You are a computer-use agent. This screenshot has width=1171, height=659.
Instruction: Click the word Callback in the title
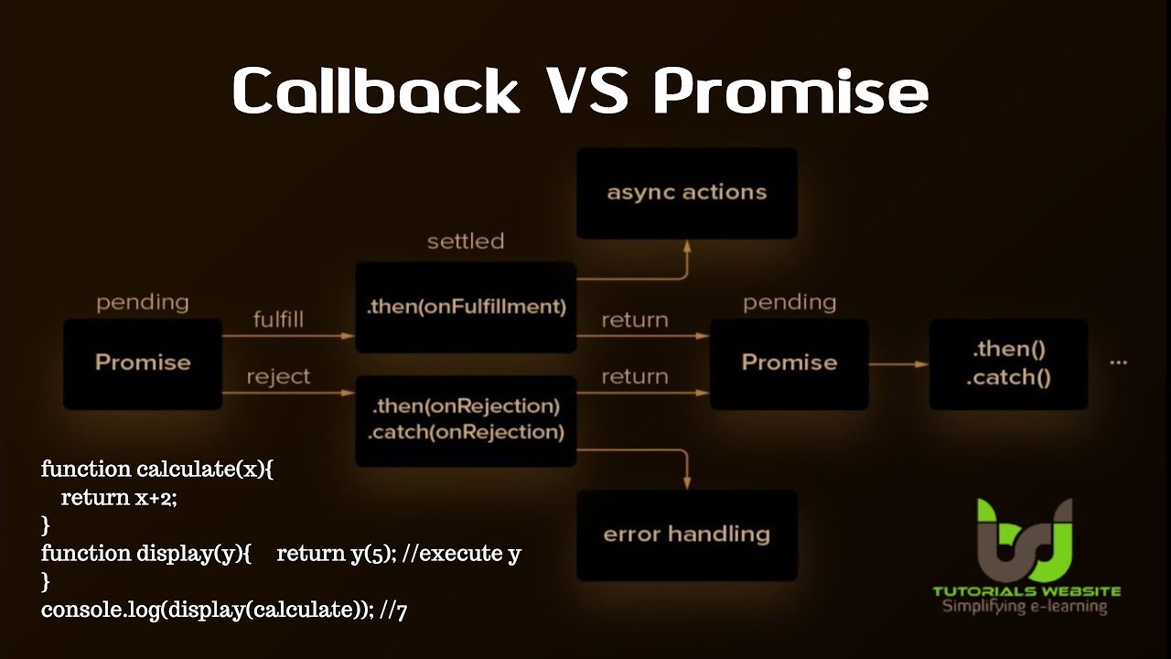pos(376,90)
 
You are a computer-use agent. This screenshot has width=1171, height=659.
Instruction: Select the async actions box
pos(687,193)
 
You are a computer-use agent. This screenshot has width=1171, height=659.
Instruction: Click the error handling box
pos(687,535)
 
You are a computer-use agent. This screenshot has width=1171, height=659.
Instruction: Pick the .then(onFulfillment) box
pos(466,307)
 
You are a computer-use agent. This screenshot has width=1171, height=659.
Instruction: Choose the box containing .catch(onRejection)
pos(466,420)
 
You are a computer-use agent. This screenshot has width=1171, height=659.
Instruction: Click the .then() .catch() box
pos(1008,363)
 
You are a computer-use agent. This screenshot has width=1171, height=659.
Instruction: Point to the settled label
pos(466,242)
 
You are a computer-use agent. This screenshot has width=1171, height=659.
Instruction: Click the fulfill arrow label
pos(278,319)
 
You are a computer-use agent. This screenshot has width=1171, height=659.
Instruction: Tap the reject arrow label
pos(278,376)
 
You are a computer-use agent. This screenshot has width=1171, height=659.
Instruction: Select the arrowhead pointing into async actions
pos(687,247)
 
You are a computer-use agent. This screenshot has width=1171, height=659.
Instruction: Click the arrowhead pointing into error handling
pos(687,482)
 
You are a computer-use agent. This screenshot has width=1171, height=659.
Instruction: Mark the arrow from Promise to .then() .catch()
pos(898,364)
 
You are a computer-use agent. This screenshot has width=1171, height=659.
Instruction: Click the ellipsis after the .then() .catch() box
pos(1118,362)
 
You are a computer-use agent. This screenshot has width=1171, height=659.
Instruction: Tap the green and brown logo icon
pos(1025,540)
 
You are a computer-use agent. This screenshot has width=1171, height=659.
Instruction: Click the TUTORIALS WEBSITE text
pos(1026,591)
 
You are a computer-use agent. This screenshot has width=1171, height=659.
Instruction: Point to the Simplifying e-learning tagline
pos(1025,607)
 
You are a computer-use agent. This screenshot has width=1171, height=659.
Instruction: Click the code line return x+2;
pos(119,497)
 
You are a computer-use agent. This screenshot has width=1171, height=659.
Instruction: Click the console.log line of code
pos(224,610)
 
